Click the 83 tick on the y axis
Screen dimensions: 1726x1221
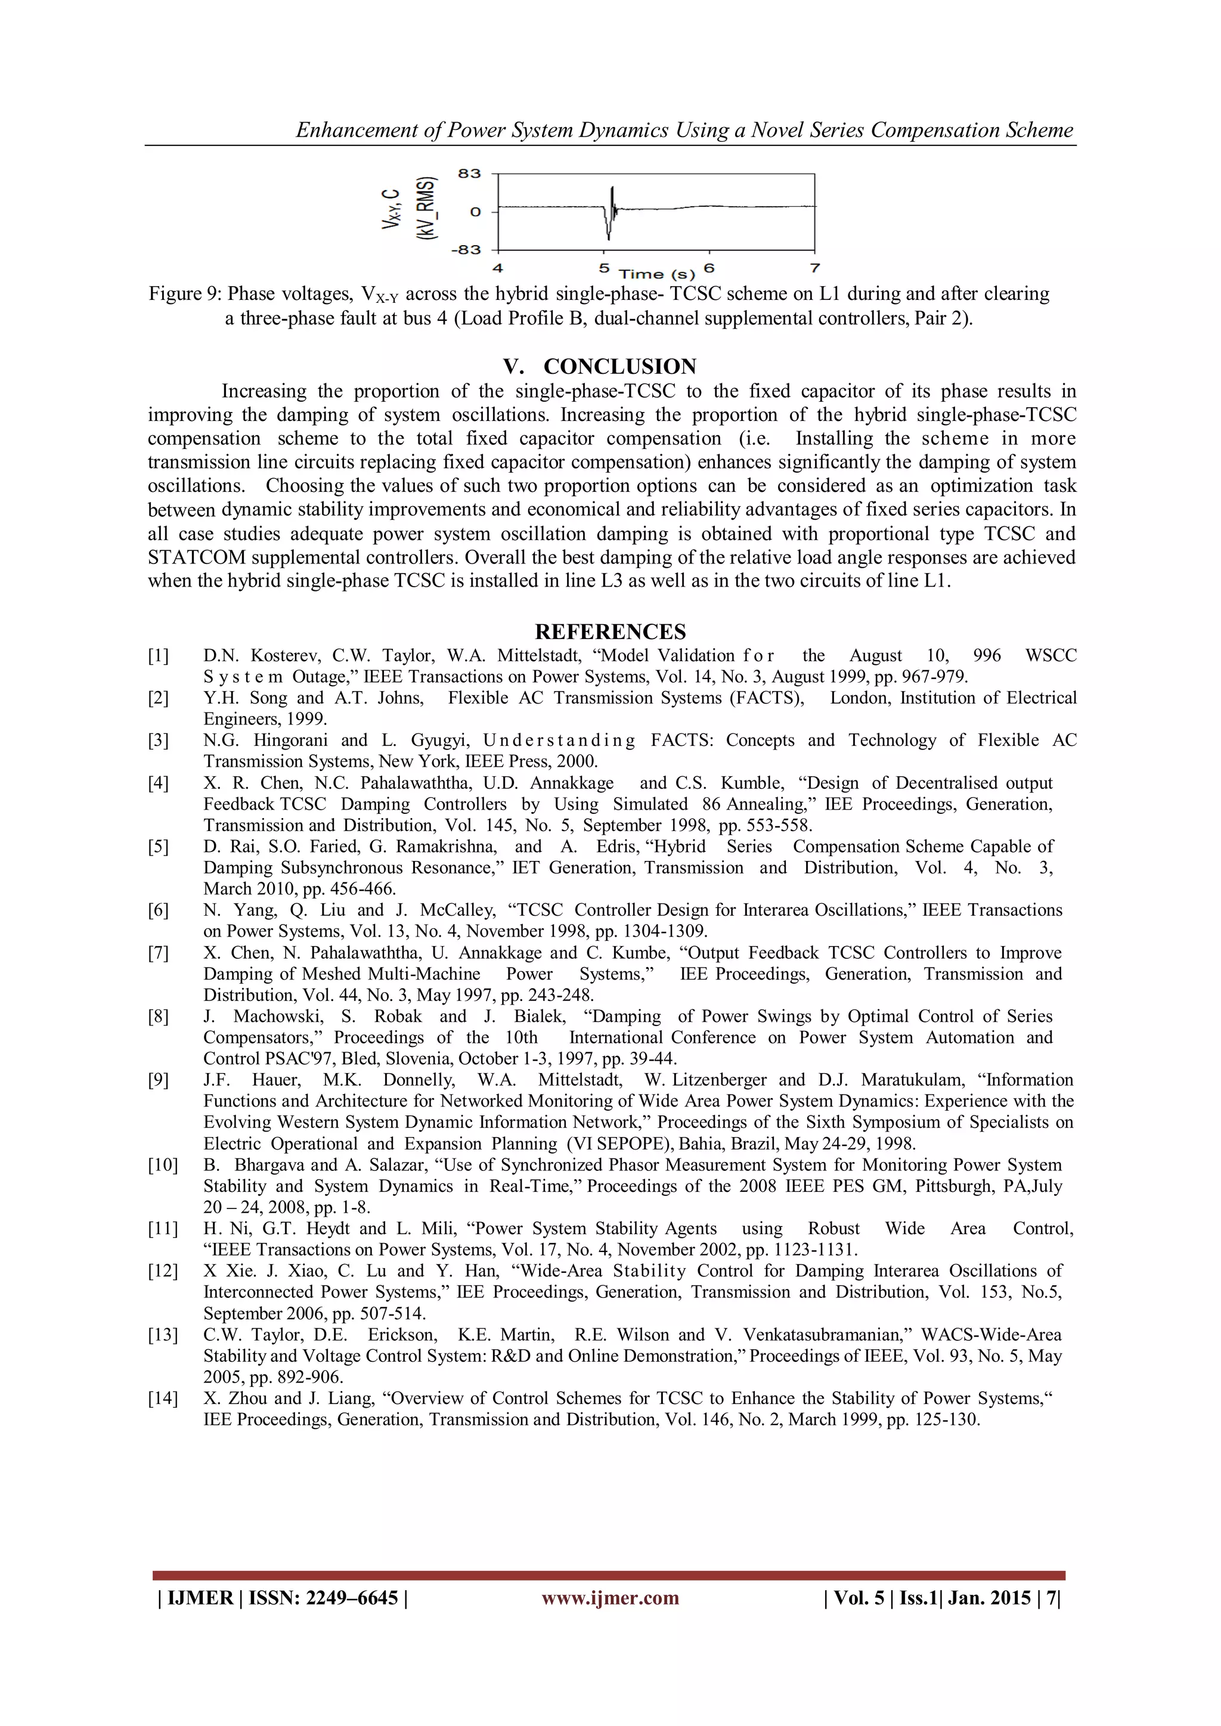tap(469, 173)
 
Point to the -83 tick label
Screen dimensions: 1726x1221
tap(466, 250)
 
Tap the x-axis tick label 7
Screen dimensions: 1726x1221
tap(814, 268)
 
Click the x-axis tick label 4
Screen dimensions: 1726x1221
tap(498, 268)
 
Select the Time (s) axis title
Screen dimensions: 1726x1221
tap(656, 274)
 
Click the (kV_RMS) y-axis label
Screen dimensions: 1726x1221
tap(426, 209)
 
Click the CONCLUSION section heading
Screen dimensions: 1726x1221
tap(619, 367)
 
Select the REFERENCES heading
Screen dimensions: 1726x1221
tap(610, 631)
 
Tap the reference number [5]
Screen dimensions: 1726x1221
tap(159, 847)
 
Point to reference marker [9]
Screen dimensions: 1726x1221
tap(159, 1080)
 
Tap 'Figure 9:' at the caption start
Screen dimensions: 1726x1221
tap(185, 294)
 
